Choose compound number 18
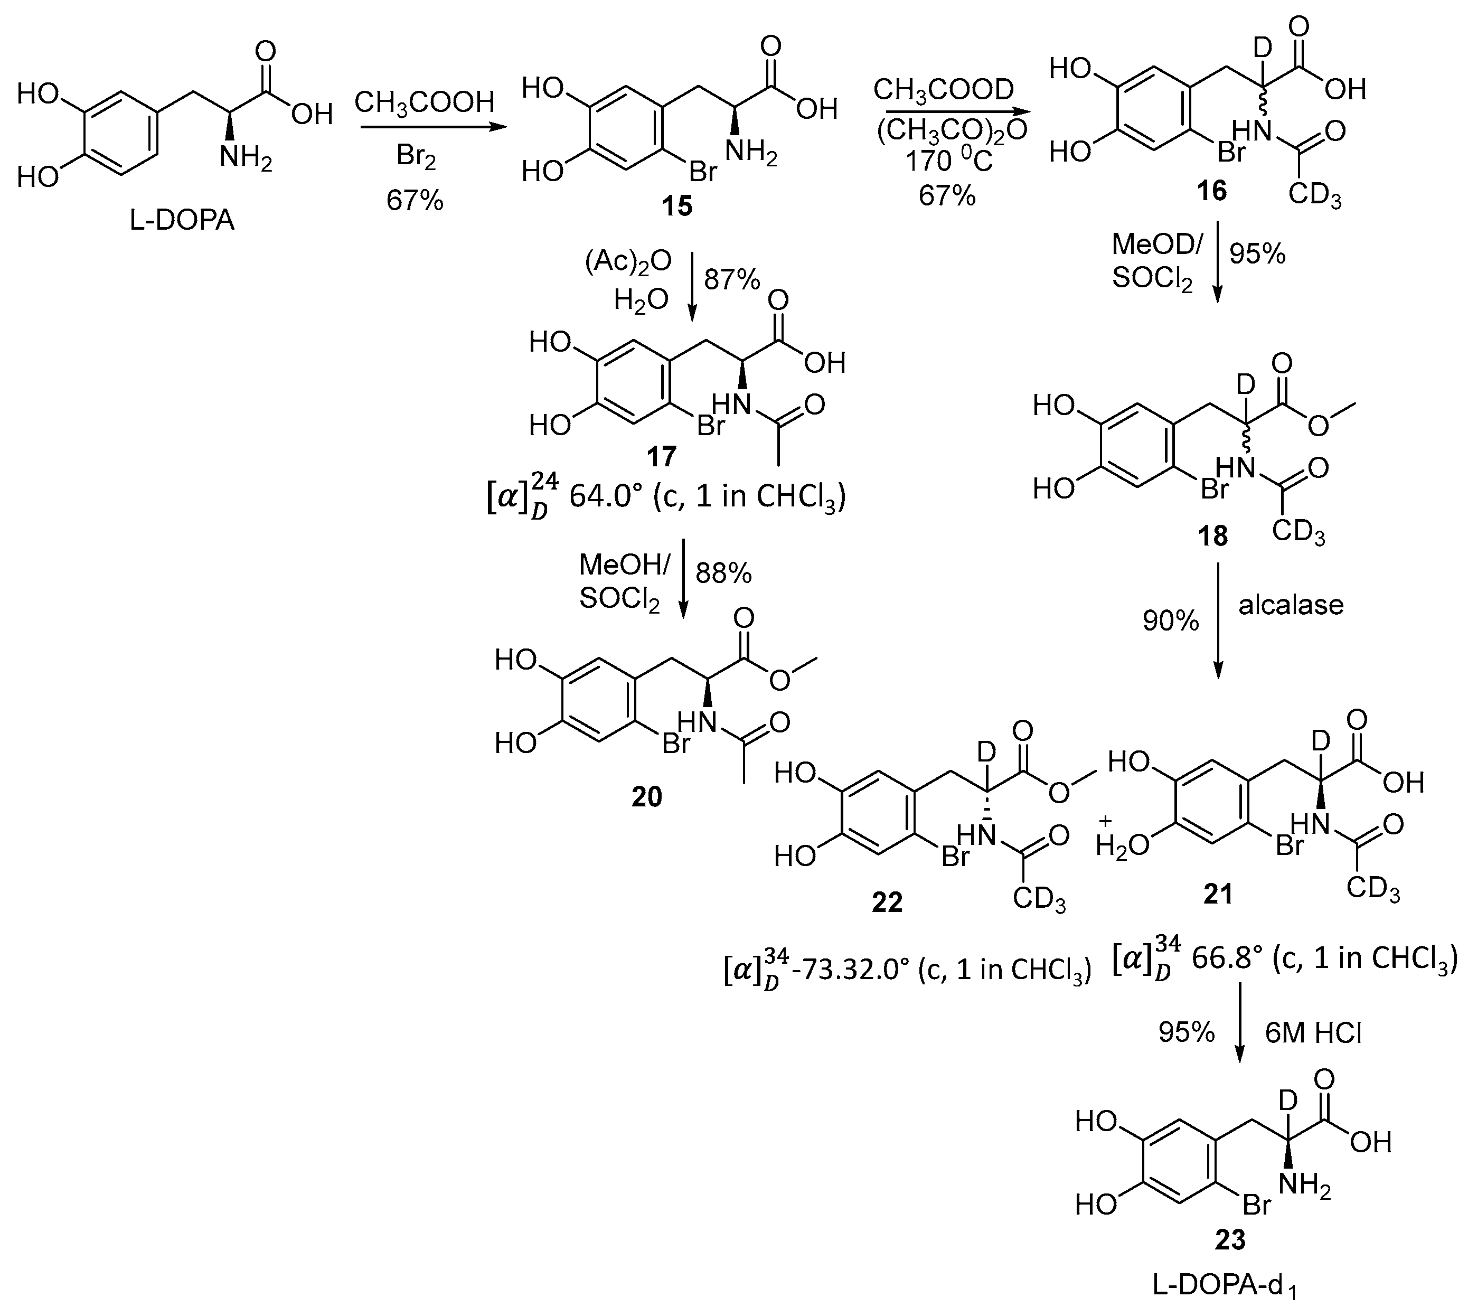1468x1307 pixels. click(1212, 535)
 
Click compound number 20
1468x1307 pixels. click(646, 796)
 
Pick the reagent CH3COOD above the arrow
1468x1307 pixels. click(943, 90)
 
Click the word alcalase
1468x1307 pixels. click(1291, 605)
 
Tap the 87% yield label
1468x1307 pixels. click(732, 280)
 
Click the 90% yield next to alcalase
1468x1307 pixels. click(1171, 621)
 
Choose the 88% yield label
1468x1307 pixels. click(724, 573)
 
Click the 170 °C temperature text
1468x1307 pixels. click(948, 162)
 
